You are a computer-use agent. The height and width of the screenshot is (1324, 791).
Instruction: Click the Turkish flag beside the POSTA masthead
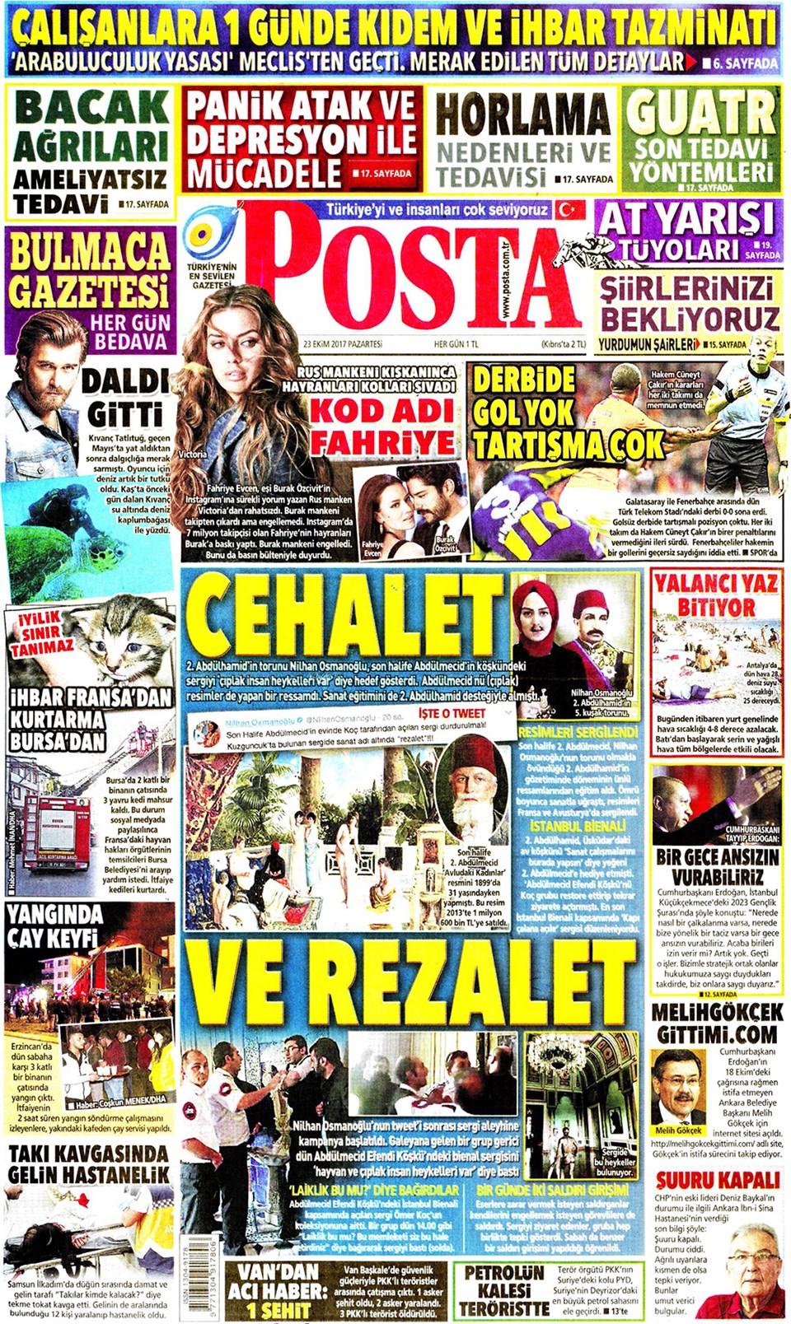[568, 209]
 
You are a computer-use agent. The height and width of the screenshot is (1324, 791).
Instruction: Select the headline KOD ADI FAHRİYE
[381, 427]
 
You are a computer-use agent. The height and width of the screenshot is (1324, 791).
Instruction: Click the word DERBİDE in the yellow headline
[524, 380]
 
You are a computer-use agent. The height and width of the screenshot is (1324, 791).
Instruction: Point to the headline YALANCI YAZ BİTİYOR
[716, 594]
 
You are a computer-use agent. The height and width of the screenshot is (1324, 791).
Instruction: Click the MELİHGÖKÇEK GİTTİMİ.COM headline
[717, 1023]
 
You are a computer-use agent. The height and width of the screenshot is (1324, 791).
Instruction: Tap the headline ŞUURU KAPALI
[717, 1179]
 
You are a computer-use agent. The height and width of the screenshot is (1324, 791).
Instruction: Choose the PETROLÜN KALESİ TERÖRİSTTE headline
[503, 1290]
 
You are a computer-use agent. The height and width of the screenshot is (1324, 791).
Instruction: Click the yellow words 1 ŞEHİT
[278, 1309]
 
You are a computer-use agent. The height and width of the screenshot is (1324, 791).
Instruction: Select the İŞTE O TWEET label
[452, 713]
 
